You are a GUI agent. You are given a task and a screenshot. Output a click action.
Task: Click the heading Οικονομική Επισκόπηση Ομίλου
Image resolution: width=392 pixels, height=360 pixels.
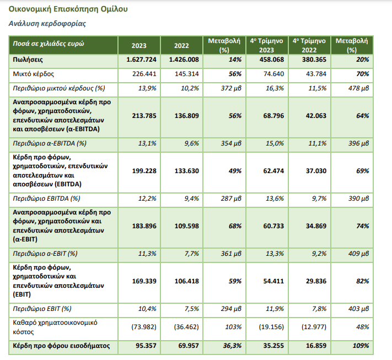(68, 9)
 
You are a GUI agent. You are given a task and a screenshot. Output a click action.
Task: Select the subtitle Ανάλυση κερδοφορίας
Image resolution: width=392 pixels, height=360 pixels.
(47, 24)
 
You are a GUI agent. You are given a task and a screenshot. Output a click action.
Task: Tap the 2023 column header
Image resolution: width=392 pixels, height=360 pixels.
(139, 46)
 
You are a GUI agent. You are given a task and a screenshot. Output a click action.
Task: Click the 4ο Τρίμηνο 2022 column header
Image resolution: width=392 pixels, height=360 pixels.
(309, 45)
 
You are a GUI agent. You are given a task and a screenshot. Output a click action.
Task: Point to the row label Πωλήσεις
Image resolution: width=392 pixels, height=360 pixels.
(28, 60)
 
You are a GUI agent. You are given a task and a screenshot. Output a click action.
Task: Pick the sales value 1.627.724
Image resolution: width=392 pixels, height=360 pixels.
(141, 60)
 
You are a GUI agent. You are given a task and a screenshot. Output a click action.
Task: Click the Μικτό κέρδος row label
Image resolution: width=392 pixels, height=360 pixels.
(34, 74)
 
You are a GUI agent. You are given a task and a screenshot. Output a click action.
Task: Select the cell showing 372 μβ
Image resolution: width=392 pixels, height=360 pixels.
(231, 88)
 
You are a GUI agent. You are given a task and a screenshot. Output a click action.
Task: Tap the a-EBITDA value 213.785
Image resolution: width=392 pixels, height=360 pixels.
(144, 116)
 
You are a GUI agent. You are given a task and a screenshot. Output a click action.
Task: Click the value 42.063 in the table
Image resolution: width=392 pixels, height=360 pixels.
(316, 116)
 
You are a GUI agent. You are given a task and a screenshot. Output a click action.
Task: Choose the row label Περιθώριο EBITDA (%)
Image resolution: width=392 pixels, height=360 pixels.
(46, 198)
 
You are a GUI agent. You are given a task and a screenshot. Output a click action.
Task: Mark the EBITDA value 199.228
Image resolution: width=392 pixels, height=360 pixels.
(144, 171)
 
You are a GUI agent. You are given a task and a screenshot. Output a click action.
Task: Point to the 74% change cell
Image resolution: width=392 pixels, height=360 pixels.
(362, 226)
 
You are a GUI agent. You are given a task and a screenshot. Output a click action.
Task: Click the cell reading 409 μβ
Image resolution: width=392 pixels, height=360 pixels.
(358, 254)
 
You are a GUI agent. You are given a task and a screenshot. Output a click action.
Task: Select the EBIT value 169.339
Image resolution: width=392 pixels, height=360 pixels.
(144, 281)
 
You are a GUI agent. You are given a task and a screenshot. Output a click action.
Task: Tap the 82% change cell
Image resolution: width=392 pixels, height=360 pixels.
(362, 281)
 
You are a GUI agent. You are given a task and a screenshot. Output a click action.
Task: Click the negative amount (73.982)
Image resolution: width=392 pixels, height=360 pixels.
(144, 327)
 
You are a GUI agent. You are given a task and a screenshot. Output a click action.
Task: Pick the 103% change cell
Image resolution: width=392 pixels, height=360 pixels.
(233, 327)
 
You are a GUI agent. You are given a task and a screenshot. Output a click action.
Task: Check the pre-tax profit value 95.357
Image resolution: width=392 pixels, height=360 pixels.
(146, 346)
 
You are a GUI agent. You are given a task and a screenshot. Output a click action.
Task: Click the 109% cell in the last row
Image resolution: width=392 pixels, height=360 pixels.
(361, 346)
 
